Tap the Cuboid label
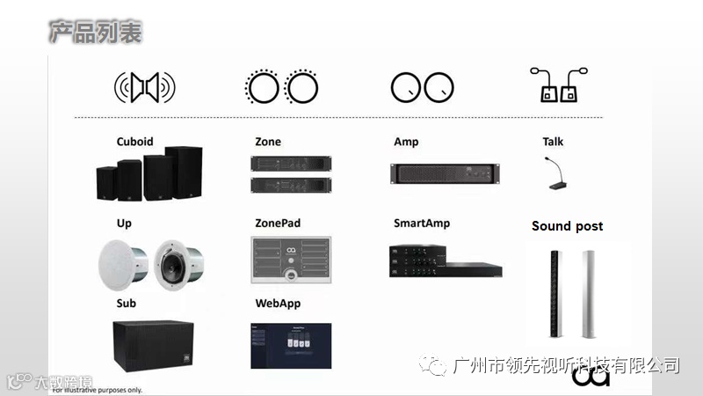[x=134, y=142]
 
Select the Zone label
[x=268, y=142]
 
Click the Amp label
[x=406, y=142]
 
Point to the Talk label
[x=553, y=142]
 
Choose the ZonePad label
[x=278, y=224]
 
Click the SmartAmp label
[x=422, y=224]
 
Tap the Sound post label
[x=567, y=226]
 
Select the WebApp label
[x=278, y=304]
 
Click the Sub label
[x=126, y=304]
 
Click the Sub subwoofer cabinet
[x=159, y=348]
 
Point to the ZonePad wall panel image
[x=291, y=260]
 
